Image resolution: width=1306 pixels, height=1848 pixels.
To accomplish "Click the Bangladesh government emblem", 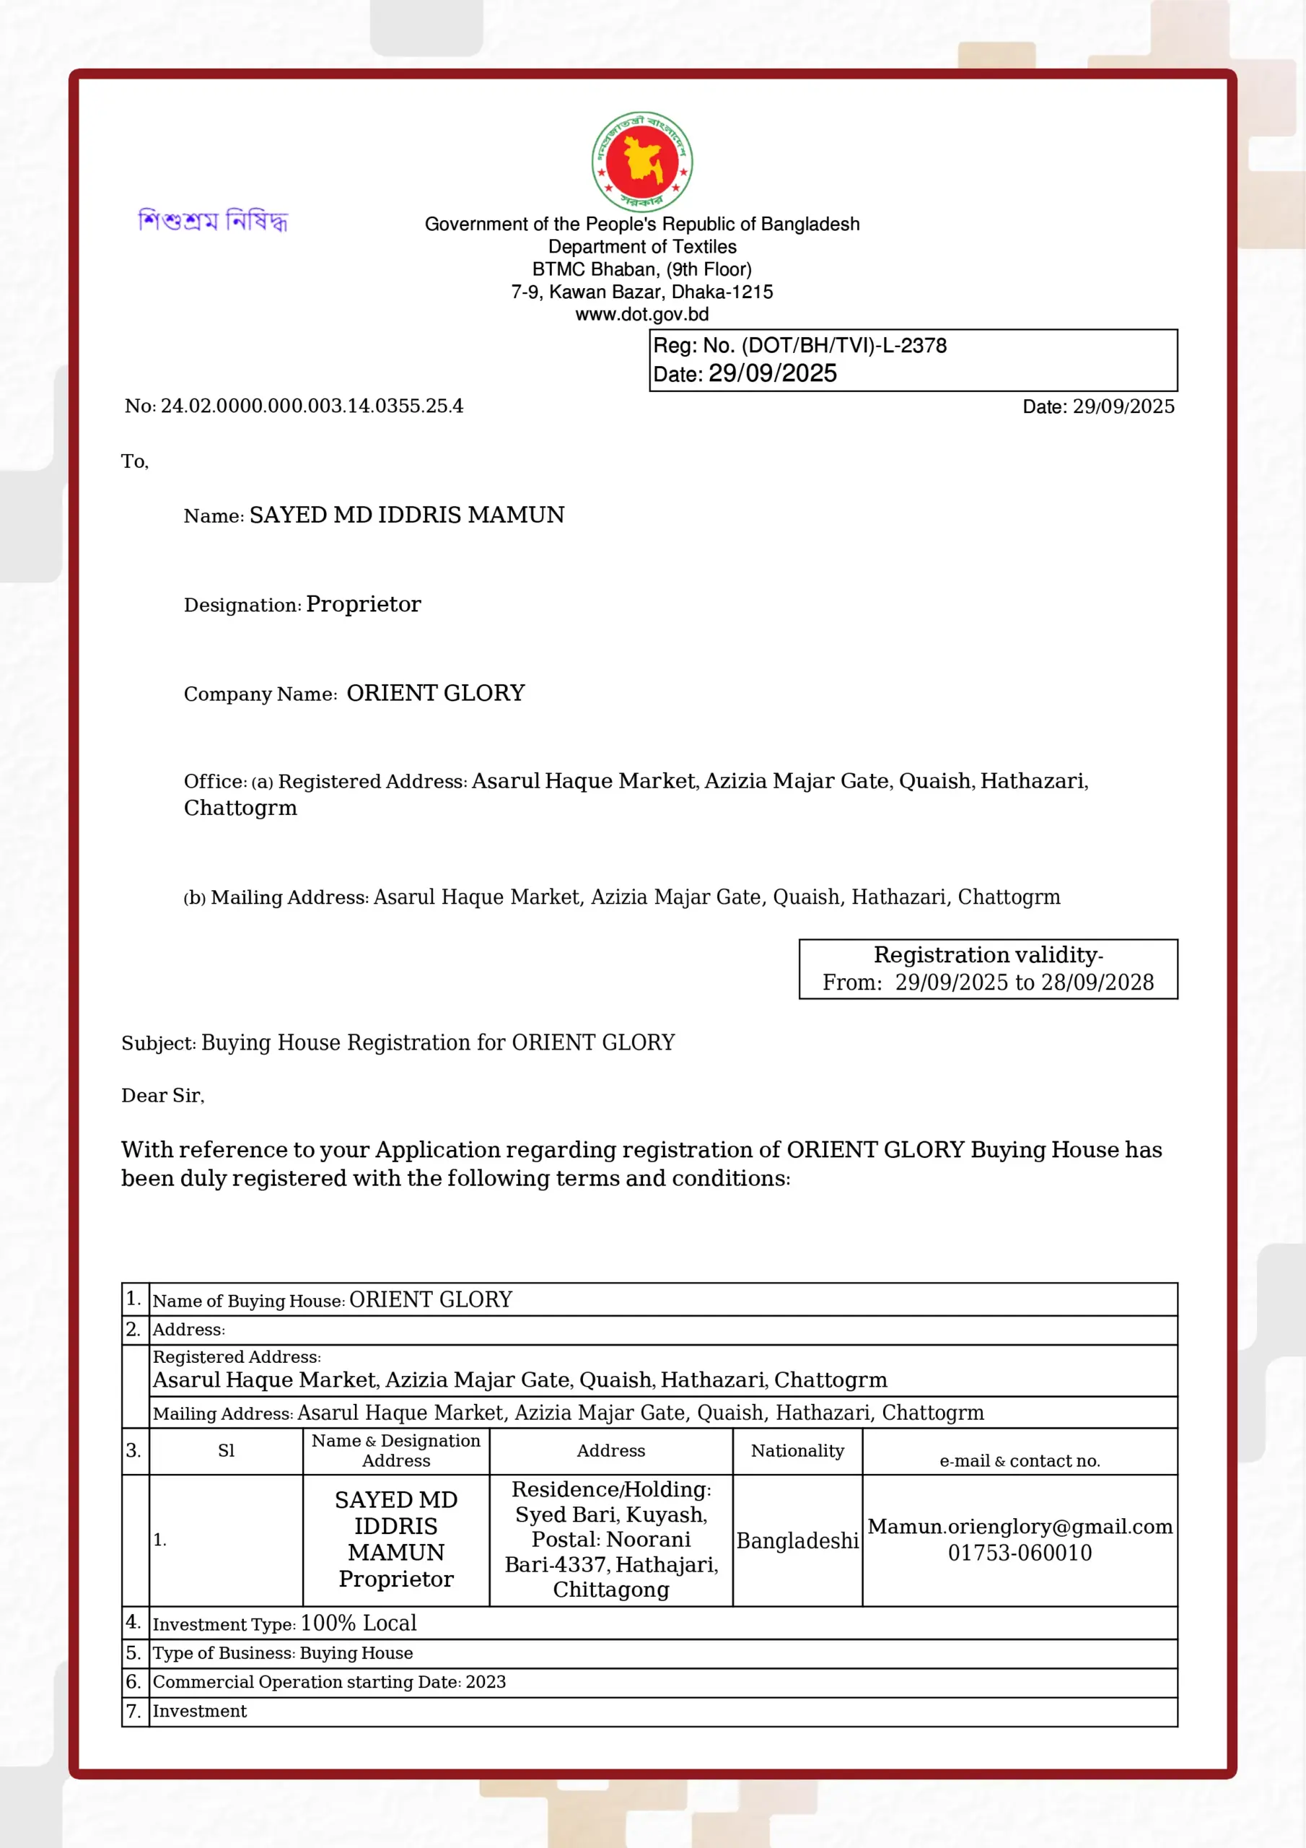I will pos(641,162).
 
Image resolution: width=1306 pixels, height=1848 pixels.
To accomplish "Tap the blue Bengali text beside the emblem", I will pos(214,219).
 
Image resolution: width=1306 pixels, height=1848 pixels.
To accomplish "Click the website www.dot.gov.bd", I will pos(641,314).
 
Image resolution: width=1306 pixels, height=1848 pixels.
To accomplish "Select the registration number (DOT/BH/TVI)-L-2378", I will pos(844,345).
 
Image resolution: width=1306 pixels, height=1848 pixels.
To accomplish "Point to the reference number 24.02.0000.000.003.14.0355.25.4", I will pos(312,406).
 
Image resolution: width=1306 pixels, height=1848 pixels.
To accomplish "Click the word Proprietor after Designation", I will pos(363,603).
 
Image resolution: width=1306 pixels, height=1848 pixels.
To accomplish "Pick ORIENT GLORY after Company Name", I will pos(435,693).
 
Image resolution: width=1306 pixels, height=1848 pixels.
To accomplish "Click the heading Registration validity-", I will pos(988,954).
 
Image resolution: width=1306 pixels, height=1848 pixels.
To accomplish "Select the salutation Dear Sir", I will pos(162,1095).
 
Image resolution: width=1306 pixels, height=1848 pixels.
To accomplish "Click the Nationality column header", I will pos(797,1450).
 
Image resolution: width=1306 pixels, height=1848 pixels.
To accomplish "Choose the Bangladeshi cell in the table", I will pos(797,1540).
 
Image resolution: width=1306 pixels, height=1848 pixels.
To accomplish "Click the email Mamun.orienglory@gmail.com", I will pos(1020,1527).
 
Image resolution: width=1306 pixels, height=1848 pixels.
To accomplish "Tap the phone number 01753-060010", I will pos(1020,1553).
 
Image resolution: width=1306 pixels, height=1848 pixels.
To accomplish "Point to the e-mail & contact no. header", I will pos(1020,1461).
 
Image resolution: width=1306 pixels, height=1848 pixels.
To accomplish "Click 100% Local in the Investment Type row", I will pos(358,1623).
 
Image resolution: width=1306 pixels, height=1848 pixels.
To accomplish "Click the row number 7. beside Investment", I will pos(133,1710).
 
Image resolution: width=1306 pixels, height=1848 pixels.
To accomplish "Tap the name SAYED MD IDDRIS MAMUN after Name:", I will pos(406,515).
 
